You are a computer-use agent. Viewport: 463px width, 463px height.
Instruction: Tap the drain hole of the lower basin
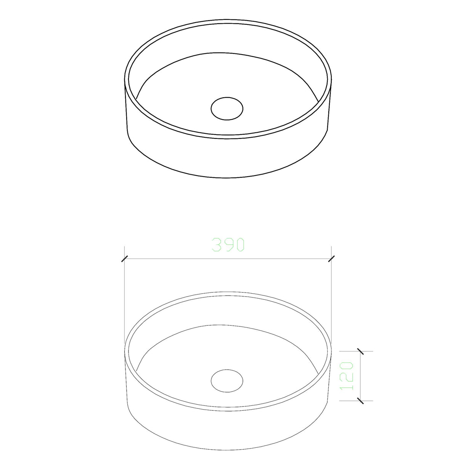227,380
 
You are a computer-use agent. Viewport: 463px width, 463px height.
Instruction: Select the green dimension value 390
228,245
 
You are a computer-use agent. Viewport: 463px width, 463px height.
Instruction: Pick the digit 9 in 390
228,245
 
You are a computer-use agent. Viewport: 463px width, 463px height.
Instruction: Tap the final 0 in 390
239,245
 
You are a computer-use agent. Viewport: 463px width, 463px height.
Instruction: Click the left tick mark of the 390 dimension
124,259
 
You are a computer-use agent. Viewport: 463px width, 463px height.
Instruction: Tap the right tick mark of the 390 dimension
331,259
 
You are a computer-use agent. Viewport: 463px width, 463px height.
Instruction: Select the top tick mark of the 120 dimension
360,351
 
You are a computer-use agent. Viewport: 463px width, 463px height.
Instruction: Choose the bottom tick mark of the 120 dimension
360,400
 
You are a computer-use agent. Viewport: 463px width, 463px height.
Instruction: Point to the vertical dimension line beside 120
360,376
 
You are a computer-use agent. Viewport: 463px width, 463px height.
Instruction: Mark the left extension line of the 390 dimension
125,297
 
